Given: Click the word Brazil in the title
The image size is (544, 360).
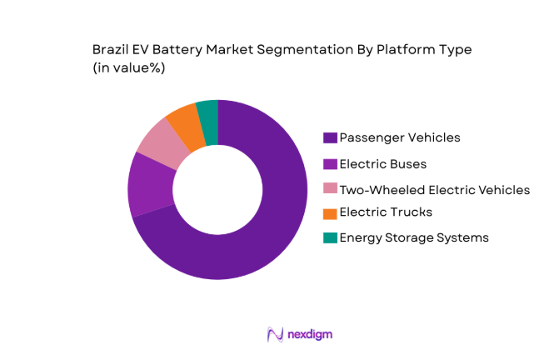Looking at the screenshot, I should tap(111, 50).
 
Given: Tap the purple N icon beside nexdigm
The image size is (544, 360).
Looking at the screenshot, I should tap(276, 334).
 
